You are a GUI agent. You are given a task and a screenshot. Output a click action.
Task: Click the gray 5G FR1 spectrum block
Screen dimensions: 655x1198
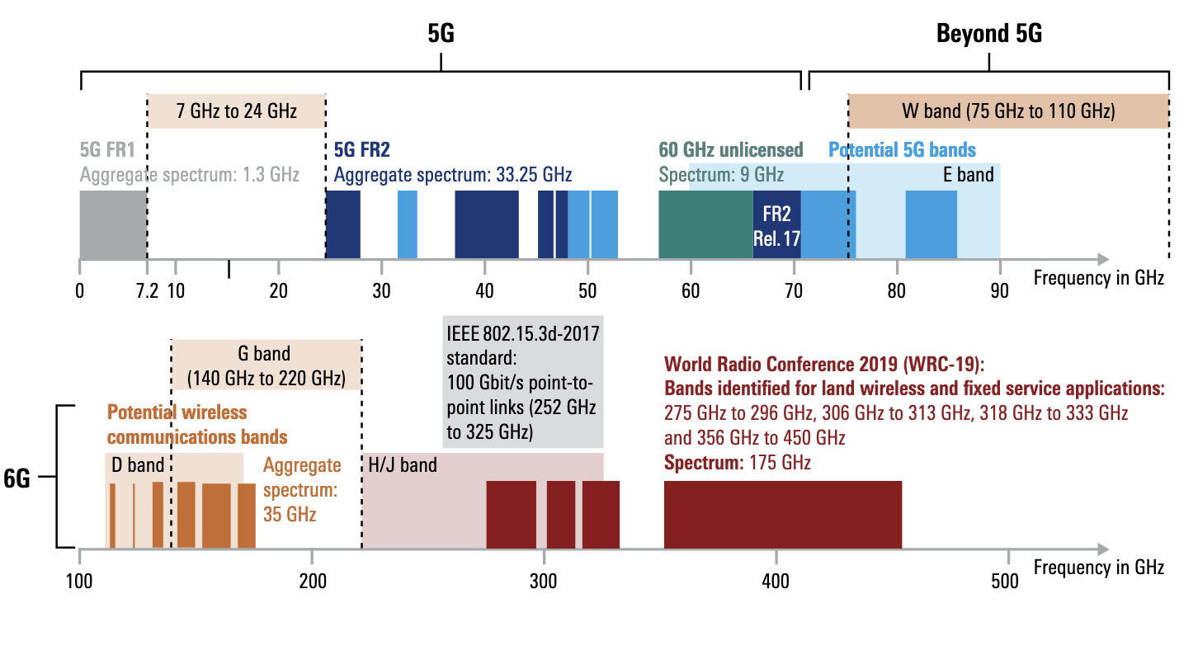click(113, 224)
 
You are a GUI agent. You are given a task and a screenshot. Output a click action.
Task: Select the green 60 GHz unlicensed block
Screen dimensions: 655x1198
click(705, 224)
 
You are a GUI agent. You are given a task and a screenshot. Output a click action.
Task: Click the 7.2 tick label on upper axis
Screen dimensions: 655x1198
click(147, 291)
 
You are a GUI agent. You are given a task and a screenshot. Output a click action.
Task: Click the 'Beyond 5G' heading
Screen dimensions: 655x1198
click(989, 34)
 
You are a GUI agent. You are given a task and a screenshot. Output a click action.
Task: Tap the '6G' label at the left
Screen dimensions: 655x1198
click(17, 478)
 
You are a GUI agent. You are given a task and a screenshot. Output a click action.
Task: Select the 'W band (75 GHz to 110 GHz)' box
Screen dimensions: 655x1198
click(1008, 111)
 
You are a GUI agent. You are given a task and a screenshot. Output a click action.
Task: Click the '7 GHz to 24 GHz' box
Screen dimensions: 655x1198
click(237, 111)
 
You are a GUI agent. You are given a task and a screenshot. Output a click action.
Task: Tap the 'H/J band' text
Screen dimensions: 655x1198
click(403, 466)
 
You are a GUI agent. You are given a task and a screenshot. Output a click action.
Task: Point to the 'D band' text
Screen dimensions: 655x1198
click(138, 466)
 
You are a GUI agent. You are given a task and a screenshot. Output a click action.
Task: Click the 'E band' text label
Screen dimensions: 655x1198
click(968, 175)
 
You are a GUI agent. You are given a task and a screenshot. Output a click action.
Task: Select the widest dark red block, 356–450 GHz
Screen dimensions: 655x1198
click(782, 514)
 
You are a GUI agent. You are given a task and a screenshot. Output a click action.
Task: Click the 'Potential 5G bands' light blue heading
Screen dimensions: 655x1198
click(902, 150)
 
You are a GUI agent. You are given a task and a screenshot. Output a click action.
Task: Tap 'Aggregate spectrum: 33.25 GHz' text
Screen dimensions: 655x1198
click(452, 175)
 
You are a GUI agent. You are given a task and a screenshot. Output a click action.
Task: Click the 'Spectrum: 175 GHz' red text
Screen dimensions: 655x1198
click(738, 463)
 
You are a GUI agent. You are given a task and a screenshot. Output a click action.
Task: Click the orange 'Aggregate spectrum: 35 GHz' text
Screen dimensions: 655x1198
click(302, 489)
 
